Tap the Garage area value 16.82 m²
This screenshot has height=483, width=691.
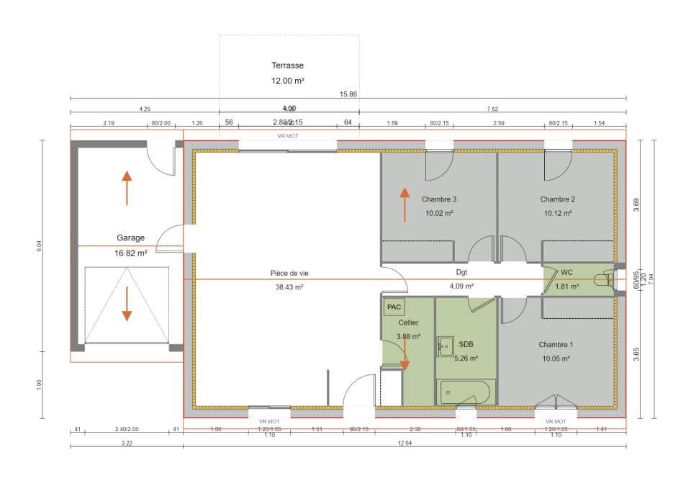pos(130,253)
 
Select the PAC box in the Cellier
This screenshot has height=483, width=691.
pos(394,307)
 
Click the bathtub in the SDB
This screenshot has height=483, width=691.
pos(465,392)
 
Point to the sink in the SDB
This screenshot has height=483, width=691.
pos(446,346)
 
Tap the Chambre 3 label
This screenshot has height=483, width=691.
pos(439,199)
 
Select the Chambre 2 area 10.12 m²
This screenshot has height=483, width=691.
pos(558,213)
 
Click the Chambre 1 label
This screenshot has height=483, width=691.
pos(556,345)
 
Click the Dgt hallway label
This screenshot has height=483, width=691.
pos(461,273)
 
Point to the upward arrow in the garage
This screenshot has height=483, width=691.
pos(127,188)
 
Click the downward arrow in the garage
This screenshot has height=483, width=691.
pos(127,304)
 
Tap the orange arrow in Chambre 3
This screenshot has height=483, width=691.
pos(405,204)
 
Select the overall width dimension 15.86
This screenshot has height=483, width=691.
pos(348,94)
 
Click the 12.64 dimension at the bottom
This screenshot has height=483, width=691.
pos(405,443)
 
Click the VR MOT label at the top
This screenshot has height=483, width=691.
pos(288,135)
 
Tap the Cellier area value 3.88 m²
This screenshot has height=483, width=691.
pos(407,336)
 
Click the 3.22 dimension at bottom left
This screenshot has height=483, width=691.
pos(127,443)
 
